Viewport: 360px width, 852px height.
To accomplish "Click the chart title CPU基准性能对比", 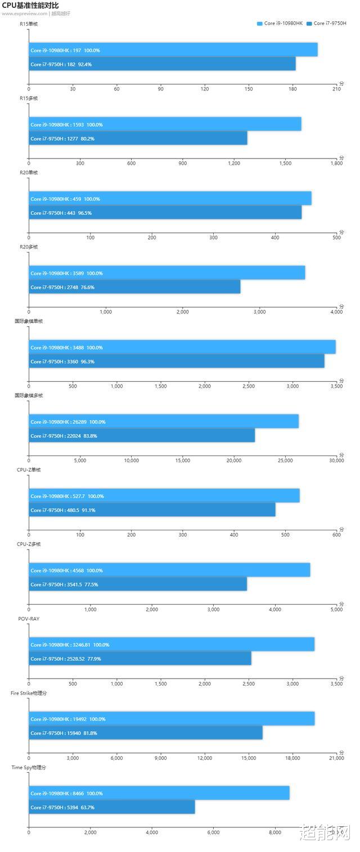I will click(x=30, y=5).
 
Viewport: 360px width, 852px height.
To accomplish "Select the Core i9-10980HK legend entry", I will click(x=280, y=24).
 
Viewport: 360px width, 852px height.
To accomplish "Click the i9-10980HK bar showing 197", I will click(x=173, y=50).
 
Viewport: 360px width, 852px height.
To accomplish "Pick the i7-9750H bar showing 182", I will click(x=162, y=64).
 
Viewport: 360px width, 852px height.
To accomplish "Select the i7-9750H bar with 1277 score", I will click(x=138, y=138).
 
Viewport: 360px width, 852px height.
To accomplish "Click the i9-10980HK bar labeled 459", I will click(x=170, y=199).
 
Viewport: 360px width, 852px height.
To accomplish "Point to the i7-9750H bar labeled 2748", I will click(x=134, y=287).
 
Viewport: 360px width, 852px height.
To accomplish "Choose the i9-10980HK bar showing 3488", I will click(x=182, y=347).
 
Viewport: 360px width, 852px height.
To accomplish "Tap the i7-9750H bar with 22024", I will click(x=142, y=435).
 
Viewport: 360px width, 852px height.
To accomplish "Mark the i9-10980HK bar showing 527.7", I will click(x=164, y=495).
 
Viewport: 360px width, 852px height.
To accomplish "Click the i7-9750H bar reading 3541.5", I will click(x=138, y=584).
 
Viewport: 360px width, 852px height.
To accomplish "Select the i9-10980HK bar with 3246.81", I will click(x=172, y=644).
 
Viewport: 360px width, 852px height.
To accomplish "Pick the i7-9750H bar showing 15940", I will click(x=146, y=733).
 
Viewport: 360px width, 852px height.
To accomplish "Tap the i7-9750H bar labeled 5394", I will click(x=112, y=807).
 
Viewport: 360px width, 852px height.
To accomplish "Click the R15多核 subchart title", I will click(x=29, y=98).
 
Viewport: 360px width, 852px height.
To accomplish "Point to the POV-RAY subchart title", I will click(x=29, y=619).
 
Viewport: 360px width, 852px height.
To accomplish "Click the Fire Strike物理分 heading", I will click(x=29, y=693).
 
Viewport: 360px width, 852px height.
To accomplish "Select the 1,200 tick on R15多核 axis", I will click(x=234, y=164).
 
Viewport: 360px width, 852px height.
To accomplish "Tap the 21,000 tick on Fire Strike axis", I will click(x=336, y=758).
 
